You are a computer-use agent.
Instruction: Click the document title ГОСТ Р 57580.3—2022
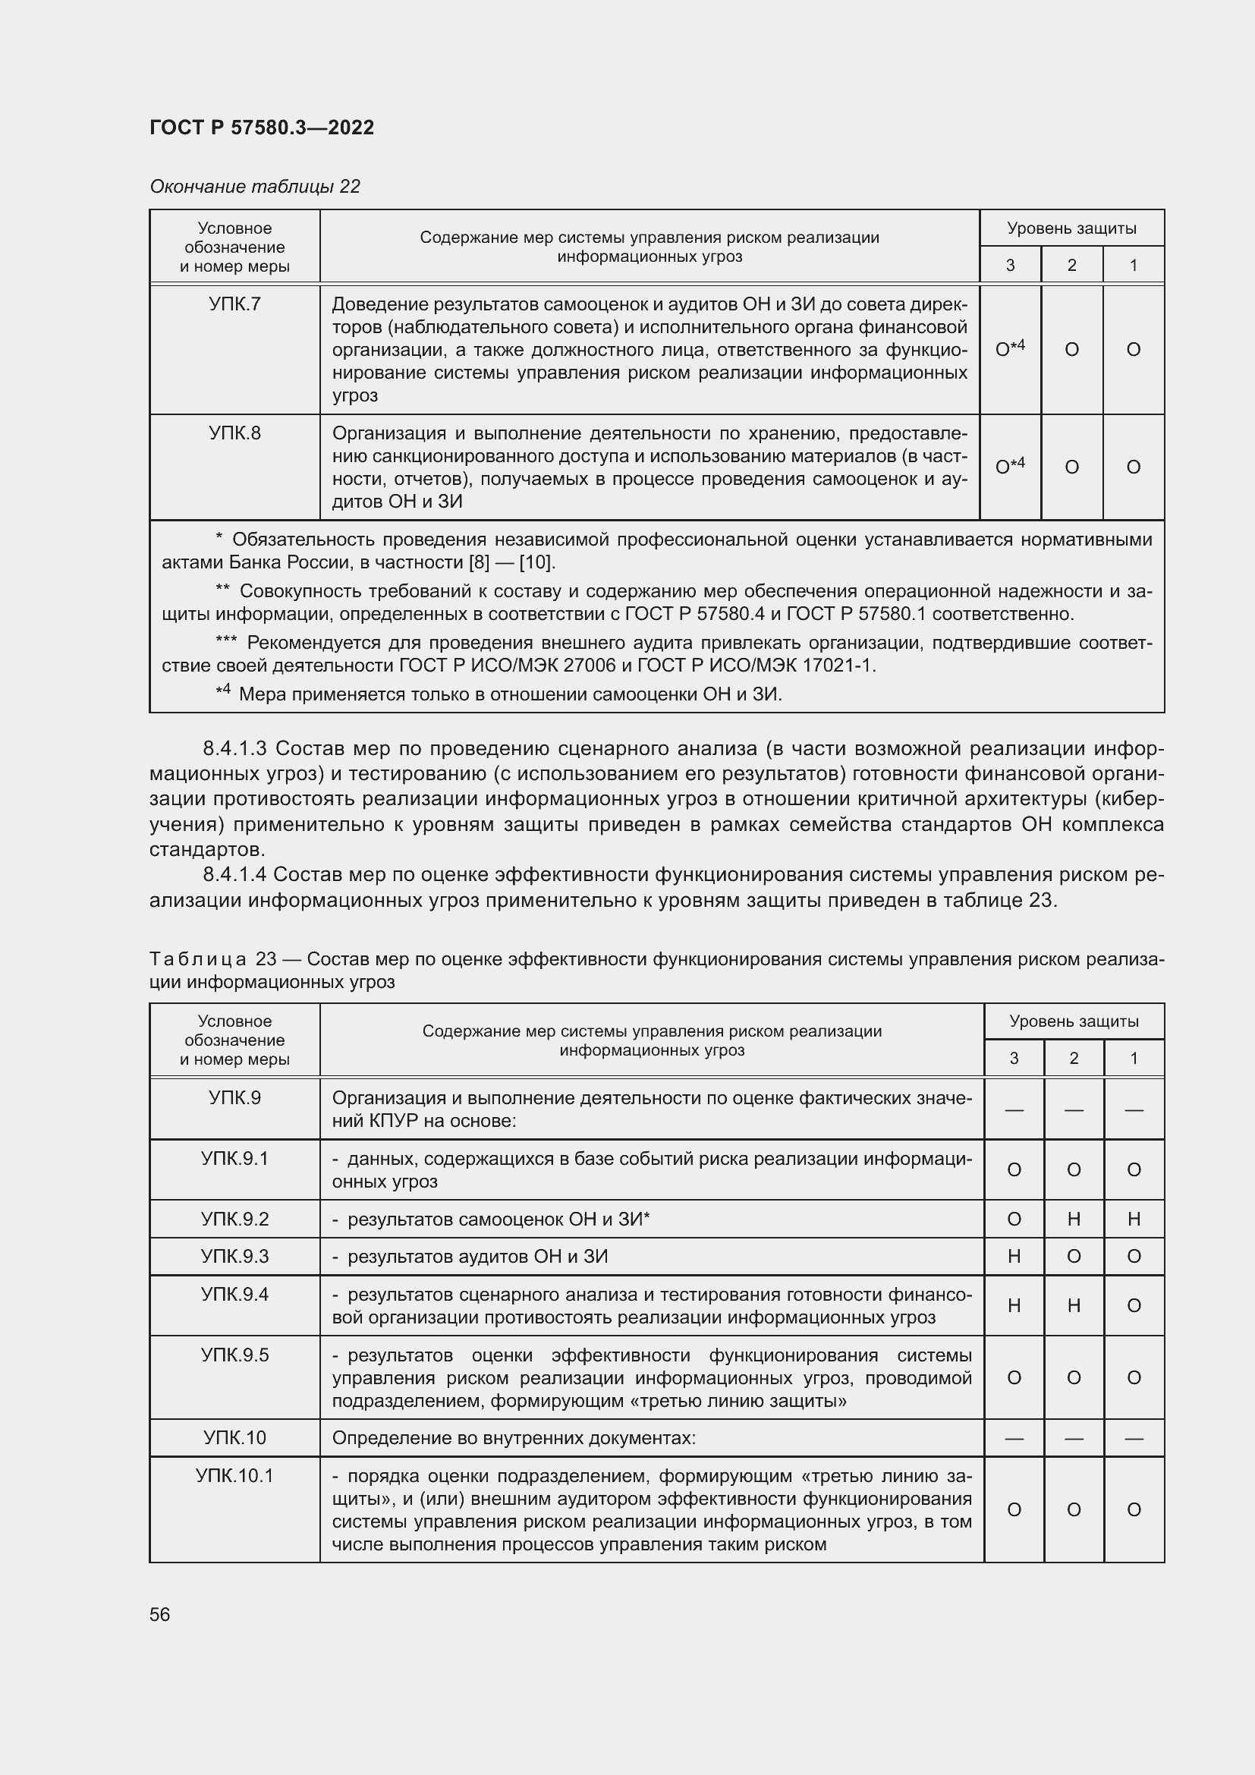coord(261,127)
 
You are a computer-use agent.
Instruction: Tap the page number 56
coord(160,1614)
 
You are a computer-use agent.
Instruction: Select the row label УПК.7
coord(234,304)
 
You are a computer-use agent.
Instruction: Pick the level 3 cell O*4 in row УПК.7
coord(1010,349)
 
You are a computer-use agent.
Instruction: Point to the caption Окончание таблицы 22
coord(255,187)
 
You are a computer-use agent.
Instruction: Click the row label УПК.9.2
coord(234,1220)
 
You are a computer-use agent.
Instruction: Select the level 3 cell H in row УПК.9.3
coord(1014,1257)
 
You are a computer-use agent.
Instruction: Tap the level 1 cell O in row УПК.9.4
coord(1134,1306)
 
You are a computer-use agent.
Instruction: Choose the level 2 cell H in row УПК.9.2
coord(1074,1220)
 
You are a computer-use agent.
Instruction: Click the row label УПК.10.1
coord(234,1476)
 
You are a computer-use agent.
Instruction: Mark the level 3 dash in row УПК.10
coord(1014,1439)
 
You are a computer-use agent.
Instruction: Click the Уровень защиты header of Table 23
coord(1074,1021)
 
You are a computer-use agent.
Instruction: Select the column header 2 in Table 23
coord(1074,1059)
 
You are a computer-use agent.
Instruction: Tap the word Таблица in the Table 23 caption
coord(197,959)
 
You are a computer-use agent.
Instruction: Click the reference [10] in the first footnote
coord(535,562)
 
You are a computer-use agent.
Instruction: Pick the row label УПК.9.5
coord(234,1355)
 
